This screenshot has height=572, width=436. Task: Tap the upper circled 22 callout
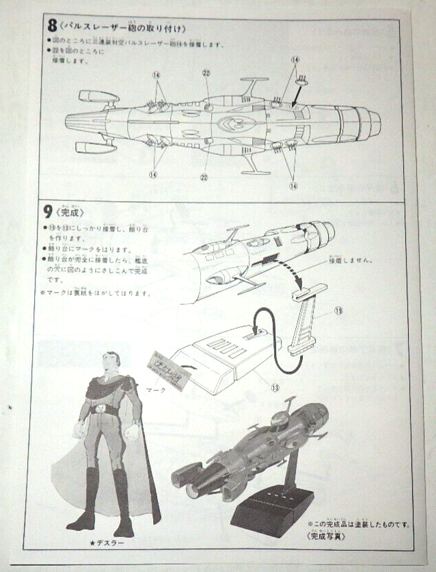[206, 73]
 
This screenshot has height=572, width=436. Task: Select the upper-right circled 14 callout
[295, 59]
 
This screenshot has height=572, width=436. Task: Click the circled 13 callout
[275, 386]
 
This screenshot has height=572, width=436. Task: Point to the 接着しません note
[349, 260]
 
